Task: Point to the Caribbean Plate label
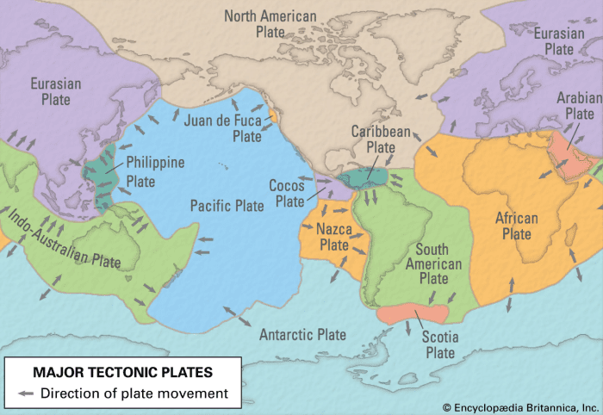[x=380, y=139]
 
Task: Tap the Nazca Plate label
[x=333, y=237]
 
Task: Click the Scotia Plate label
[x=440, y=344]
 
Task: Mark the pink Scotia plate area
[x=413, y=313]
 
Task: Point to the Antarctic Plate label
[x=302, y=334]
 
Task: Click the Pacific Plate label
[x=227, y=206]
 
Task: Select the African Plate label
[x=517, y=226]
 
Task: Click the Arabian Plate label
[x=579, y=105]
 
